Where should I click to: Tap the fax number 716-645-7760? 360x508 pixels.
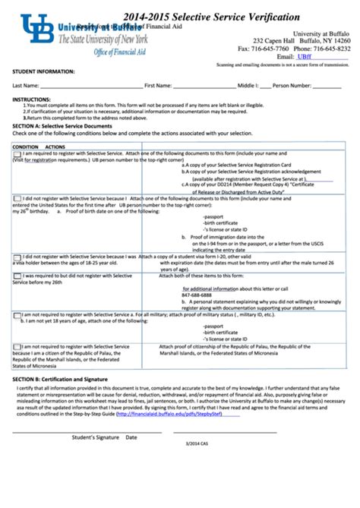(x=262, y=48)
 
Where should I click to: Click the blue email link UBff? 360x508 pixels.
(x=305, y=56)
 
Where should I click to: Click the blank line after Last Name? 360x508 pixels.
(x=91, y=87)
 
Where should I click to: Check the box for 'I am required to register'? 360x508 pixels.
(x=17, y=156)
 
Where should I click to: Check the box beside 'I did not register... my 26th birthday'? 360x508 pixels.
(x=17, y=199)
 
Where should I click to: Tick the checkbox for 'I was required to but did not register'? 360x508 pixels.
(x=17, y=276)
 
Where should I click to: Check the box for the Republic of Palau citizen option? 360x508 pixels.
(x=17, y=346)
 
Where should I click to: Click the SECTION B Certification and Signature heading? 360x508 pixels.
(x=60, y=378)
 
